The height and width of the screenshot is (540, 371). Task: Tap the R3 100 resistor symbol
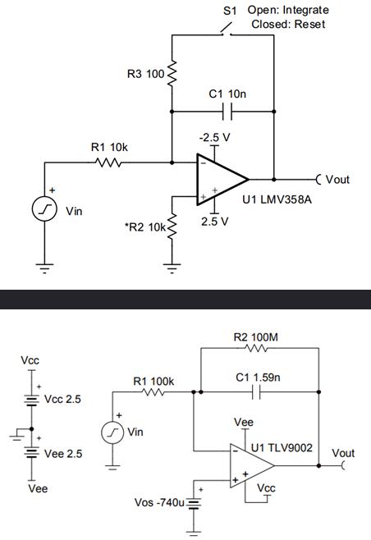tap(172, 75)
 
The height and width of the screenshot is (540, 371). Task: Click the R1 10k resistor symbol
tap(108, 162)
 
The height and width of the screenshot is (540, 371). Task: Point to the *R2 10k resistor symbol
tap(172, 226)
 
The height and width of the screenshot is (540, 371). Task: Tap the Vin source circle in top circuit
tap(44, 210)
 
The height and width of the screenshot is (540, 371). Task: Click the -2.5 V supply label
tap(215, 136)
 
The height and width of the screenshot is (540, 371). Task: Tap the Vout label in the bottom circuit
tap(343, 453)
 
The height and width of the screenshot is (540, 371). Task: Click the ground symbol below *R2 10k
tap(172, 265)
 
